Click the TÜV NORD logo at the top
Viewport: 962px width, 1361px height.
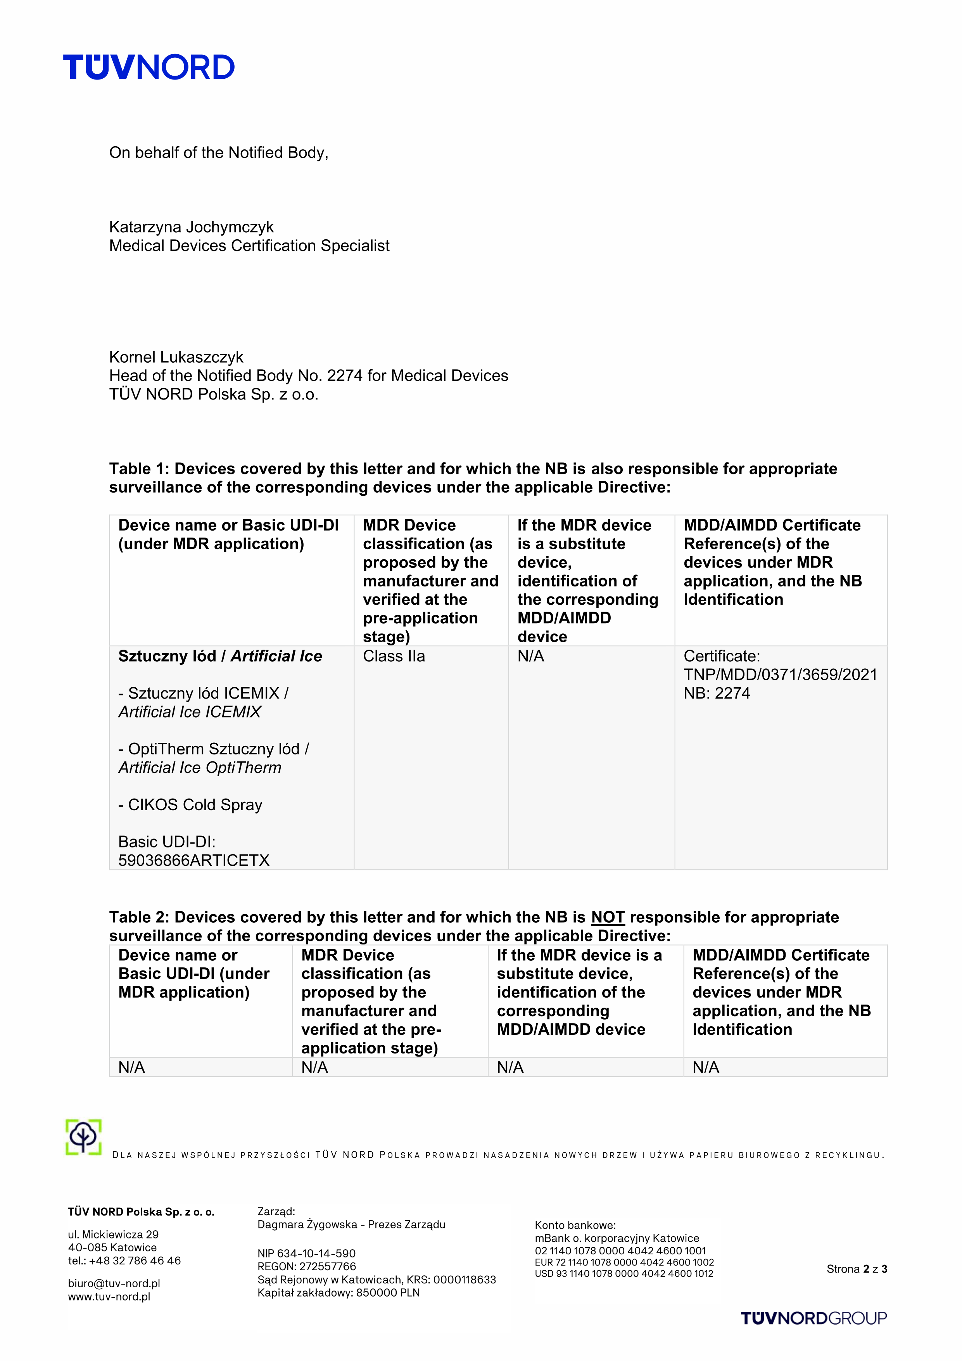(149, 67)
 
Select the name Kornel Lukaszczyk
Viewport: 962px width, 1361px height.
(176, 357)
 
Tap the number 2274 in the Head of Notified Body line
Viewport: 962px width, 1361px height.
(344, 376)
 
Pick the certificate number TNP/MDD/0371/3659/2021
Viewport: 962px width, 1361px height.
(780, 674)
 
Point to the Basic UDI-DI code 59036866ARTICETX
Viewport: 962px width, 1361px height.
(194, 860)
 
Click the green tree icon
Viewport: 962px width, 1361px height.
(84, 1137)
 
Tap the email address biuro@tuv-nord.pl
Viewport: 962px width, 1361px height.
(114, 1283)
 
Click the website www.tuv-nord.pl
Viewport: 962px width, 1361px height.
(109, 1296)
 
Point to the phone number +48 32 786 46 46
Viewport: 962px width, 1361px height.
(135, 1260)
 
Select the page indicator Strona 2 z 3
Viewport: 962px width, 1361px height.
(857, 1269)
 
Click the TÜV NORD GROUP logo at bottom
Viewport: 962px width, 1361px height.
(813, 1318)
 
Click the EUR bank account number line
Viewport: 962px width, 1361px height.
(624, 1262)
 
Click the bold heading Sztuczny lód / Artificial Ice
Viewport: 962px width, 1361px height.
(220, 656)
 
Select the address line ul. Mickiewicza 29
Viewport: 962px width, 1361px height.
(113, 1234)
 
